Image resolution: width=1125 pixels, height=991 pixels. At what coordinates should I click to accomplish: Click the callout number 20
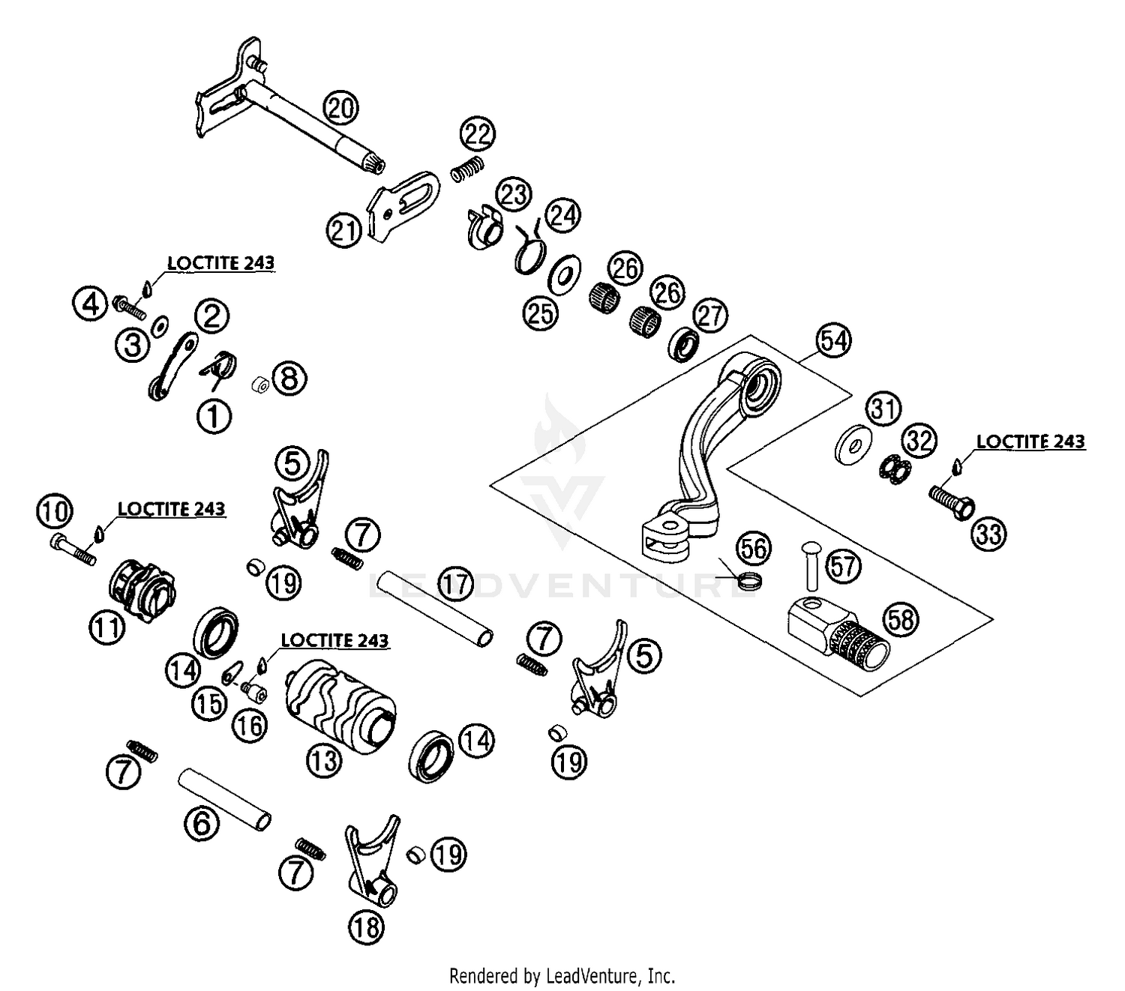[340, 109]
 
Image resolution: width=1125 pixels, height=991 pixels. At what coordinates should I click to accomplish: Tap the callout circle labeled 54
[834, 341]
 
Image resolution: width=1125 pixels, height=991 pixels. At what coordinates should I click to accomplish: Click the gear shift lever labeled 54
[709, 450]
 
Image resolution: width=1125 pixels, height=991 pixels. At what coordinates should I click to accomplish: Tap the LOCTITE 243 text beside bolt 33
[1030, 442]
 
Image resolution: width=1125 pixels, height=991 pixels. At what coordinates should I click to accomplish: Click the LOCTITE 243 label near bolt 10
[171, 509]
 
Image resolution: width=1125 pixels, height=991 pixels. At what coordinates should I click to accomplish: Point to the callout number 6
[202, 825]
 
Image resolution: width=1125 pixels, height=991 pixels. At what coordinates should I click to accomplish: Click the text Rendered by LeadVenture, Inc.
[562, 976]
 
